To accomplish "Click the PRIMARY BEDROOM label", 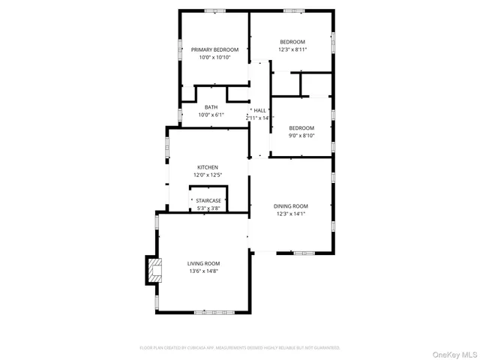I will (x=214, y=49).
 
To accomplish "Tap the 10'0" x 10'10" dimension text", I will (x=214, y=58).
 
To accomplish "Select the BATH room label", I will (x=211, y=107).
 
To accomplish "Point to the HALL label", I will (x=260, y=110).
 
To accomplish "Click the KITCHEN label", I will (x=208, y=167).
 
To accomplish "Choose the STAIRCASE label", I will (x=208, y=200).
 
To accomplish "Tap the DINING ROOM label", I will (x=292, y=206).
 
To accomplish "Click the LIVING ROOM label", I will (x=203, y=263).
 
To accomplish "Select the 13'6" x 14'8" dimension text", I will (x=203, y=271).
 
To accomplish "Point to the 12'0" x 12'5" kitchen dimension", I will (x=208, y=175).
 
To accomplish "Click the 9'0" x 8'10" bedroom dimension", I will (x=301, y=136).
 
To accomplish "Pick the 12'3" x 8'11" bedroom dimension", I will (x=292, y=49).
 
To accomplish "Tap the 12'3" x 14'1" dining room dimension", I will (x=292, y=214).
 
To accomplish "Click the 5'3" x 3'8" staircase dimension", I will (x=208, y=208).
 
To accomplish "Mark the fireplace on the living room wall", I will (x=154, y=270).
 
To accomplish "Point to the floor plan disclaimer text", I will (x=240, y=348).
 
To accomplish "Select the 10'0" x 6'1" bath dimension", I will (x=211, y=115).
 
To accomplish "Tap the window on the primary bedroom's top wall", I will (x=214, y=10).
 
